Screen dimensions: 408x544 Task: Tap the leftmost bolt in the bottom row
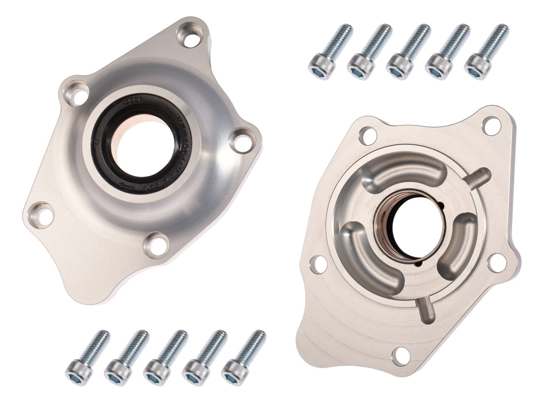point(87,358)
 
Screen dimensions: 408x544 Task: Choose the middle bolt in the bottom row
point(165,358)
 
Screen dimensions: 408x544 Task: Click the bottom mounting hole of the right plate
point(400,355)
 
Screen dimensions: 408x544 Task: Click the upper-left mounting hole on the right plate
point(368,135)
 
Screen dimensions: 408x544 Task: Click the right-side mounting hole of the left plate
point(242,141)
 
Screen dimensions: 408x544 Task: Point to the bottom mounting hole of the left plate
point(156,245)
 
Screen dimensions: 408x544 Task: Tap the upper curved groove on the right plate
point(405,174)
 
